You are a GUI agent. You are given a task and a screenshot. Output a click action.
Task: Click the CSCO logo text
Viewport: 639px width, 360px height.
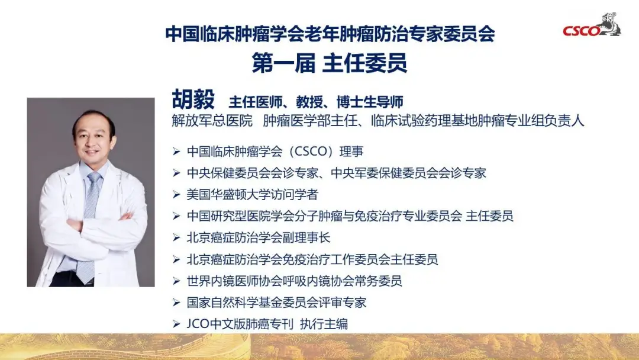pos(582,31)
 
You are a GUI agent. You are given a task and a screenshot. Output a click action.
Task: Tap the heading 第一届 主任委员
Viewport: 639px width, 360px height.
pos(330,63)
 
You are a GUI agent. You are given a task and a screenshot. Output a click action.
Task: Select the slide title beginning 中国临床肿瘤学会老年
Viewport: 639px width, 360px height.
pos(330,33)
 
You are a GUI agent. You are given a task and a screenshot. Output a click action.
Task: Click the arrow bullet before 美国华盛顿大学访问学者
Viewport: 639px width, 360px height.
pos(176,194)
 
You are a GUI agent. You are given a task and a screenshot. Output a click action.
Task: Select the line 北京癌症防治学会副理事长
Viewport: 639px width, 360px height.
pos(259,237)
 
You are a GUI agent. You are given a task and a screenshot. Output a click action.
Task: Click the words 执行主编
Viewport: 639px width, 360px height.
pos(324,324)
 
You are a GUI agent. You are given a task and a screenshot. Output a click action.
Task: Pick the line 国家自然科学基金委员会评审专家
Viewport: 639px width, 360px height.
pos(276,302)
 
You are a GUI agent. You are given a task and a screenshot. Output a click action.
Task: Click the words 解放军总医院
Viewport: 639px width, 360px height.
pos(212,121)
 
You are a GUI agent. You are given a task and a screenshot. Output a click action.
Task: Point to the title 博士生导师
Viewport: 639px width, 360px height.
pos(370,102)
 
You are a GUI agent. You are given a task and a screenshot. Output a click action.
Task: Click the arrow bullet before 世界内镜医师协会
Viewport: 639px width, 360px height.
pos(176,281)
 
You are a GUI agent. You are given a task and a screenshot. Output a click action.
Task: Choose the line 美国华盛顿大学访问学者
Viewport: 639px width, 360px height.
pos(252,194)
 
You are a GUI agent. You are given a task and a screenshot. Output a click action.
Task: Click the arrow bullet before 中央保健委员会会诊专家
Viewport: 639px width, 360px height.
pos(176,173)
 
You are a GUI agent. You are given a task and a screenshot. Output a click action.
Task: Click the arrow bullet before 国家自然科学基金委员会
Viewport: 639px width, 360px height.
pos(176,303)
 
